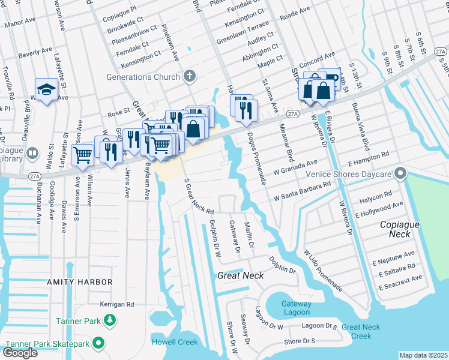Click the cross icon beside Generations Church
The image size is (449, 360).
[190, 76]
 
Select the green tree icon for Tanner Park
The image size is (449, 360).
[109, 321]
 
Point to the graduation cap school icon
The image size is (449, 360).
[46, 90]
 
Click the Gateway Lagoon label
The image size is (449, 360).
[296, 308]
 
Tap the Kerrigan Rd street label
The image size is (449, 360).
[117, 304]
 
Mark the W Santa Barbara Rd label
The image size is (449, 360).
[302, 191]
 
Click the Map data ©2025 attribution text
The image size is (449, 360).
[423, 355]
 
